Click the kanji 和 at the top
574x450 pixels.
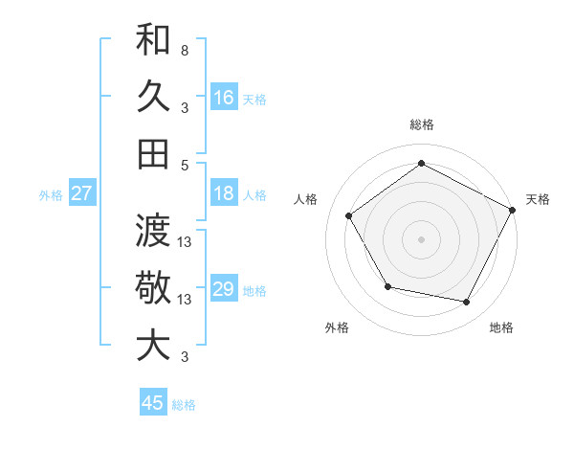pyautogui.click(x=153, y=41)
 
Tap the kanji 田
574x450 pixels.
pyautogui.click(x=153, y=153)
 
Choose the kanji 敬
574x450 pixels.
pyautogui.click(x=153, y=288)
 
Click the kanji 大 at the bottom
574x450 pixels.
pyautogui.click(x=153, y=346)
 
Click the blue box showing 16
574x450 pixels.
pyautogui.click(x=224, y=98)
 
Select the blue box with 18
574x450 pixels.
pyautogui.click(x=224, y=194)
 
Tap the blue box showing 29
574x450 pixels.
pyautogui.click(x=224, y=290)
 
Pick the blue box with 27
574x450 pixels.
pyautogui.click(x=82, y=194)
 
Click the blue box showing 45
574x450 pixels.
pyautogui.click(x=153, y=403)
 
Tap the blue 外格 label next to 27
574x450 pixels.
pyautogui.click(x=51, y=195)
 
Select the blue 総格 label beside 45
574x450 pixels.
pyautogui.click(x=184, y=405)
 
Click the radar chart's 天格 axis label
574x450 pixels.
pyautogui.click(x=539, y=199)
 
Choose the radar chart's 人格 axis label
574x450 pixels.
pyautogui.click(x=306, y=199)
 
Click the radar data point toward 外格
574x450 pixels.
pyautogui.click(x=387, y=286)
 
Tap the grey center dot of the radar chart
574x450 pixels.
pyautogui.click(x=421, y=238)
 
